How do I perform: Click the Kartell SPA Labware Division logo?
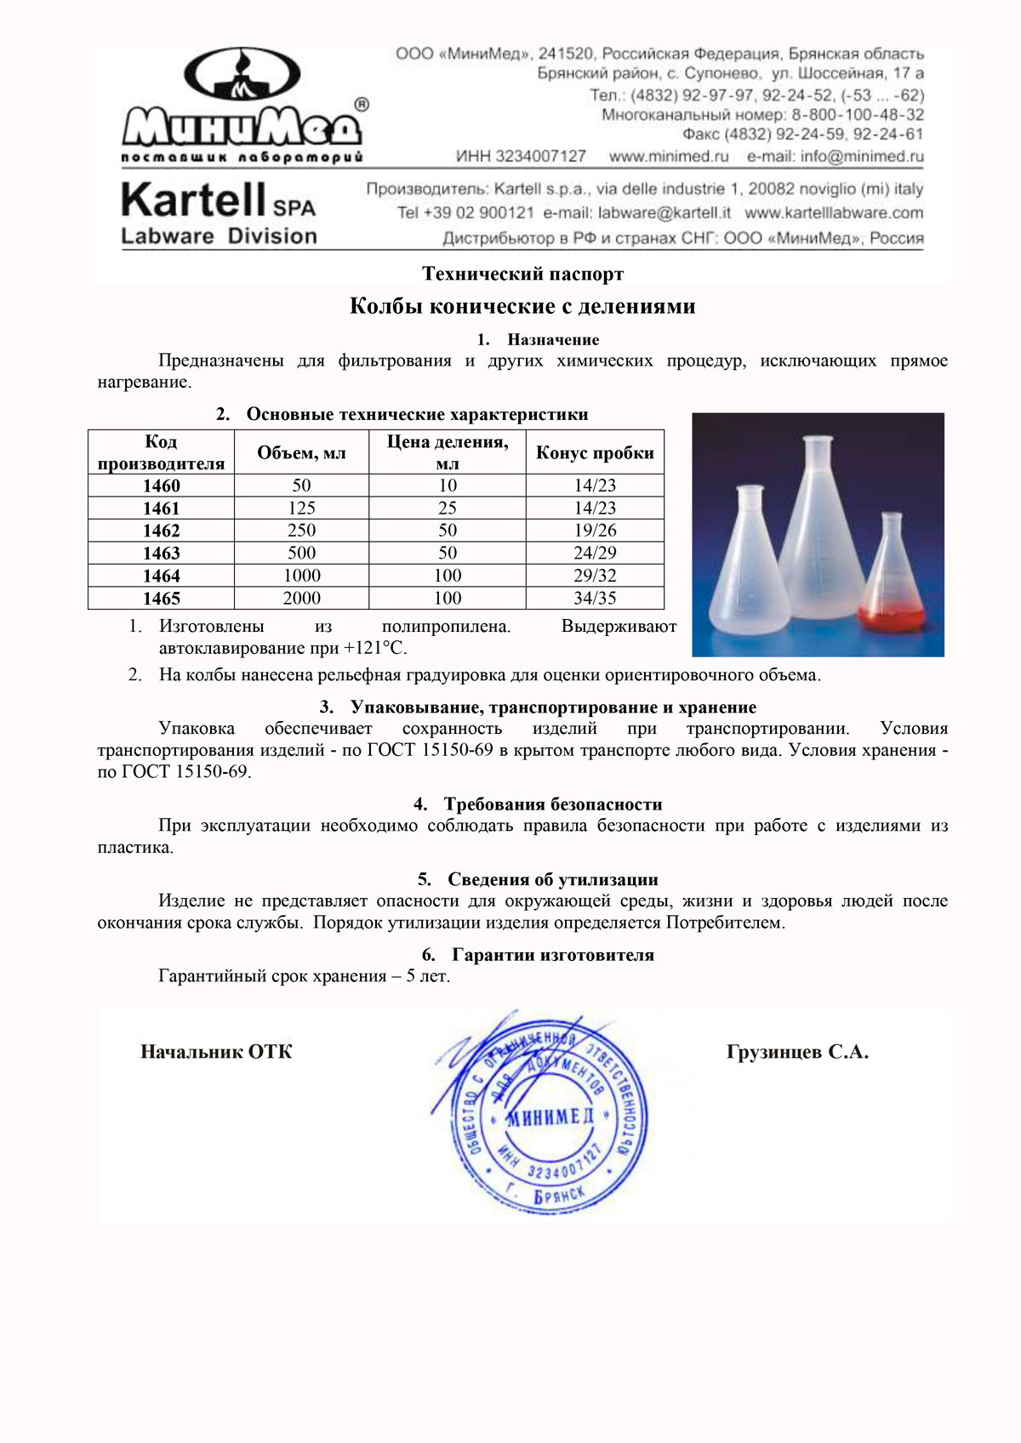219,213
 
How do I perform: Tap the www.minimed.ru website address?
669,156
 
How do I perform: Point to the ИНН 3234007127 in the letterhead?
521,156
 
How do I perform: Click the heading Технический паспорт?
522,274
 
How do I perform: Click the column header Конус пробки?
595,452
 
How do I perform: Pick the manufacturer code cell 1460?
161,486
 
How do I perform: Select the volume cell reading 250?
301,531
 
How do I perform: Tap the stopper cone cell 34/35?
595,598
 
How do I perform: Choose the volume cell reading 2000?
301,598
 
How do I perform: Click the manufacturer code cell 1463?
161,553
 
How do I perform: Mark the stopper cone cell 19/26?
595,531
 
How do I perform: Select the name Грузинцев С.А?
797,1052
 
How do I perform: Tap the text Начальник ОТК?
216,1052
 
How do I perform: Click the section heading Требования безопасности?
552,804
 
